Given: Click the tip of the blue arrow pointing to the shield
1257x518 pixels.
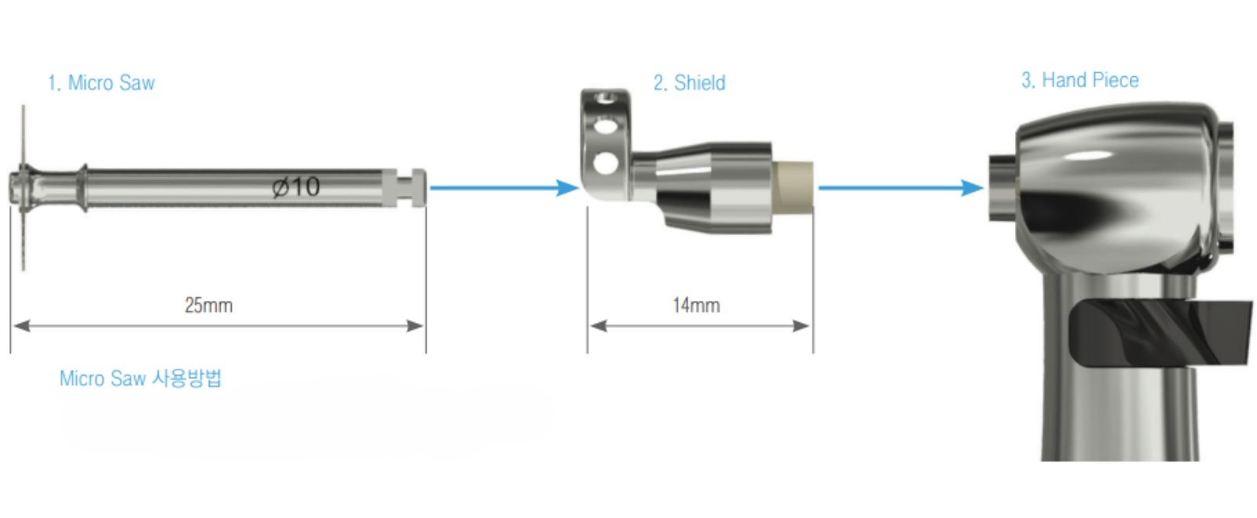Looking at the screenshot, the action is [x=580, y=187].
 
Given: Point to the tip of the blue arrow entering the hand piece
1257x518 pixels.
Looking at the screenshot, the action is [x=984, y=187].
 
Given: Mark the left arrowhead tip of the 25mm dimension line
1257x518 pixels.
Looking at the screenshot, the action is [x=13, y=325].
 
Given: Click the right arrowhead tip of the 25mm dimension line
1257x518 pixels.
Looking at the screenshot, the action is [x=423, y=325].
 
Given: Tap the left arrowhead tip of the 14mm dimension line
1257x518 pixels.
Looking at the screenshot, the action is [x=590, y=325].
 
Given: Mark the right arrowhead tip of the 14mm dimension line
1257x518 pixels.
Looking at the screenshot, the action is [x=810, y=325].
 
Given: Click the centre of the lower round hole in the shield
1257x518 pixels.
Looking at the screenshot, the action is [x=606, y=163].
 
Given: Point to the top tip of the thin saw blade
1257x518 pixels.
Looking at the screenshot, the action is [x=23, y=105].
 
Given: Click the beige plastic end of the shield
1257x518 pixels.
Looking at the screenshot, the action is [x=793, y=187].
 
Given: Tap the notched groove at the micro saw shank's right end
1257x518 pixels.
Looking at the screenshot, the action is [x=405, y=187].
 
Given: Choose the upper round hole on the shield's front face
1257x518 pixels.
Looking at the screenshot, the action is [x=604, y=127].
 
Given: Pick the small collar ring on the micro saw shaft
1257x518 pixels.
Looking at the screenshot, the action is [x=82, y=187].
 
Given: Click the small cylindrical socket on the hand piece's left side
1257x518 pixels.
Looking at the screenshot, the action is [x=1002, y=187].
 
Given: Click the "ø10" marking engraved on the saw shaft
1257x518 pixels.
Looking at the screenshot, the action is [x=295, y=187].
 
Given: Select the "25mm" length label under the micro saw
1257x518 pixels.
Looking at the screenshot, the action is [x=209, y=305].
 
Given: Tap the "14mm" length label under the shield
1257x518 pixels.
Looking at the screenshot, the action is [x=696, y=305].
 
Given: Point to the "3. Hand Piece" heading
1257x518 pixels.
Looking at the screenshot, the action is [x=1080, y=80].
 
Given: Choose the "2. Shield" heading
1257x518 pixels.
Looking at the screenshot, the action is [x=690, y=83].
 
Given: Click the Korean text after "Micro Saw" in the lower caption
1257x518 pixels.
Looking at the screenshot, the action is [x=188, y=378].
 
